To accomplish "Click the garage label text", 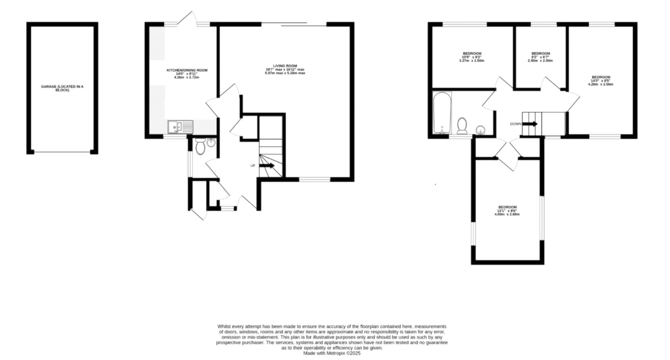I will (x=62, y=88).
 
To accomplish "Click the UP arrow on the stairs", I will (x=267, y=166).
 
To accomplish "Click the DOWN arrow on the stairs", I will (x=530, y=124).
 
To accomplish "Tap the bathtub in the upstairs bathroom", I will (x=441, y=113).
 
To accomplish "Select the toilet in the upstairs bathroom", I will (x=463, y=126).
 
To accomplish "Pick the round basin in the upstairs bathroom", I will (x=480, y=129).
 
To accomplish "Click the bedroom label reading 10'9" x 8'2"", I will (x=471, y=57).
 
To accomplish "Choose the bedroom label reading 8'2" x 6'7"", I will (x=540, y=57).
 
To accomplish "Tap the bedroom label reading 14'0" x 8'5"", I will (x=601, y=80).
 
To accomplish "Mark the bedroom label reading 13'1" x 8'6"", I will (x=507, y=210).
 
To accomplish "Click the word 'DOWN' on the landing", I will (x=515, y=124).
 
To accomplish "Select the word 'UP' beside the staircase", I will (x=253, y=166).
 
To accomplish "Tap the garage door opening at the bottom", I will (x=62, y=152).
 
